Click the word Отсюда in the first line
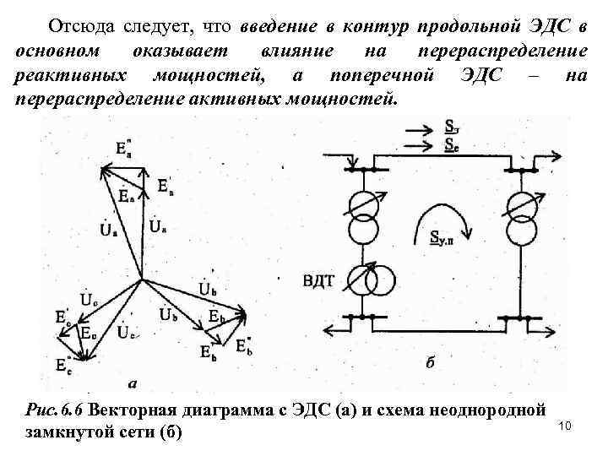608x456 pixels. click(x=78, y=24)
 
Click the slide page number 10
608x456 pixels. click(x=566, y=425)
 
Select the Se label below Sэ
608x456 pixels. click(x=453, y=144)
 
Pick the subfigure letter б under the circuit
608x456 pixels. click(x=431, y=364)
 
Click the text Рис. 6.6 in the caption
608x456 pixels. click(x=56, y=411)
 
